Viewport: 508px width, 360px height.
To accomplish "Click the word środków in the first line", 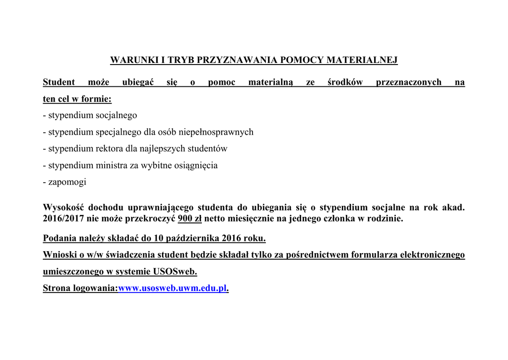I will (x=345, y=82).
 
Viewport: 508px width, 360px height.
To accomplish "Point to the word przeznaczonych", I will (x=408, y=82).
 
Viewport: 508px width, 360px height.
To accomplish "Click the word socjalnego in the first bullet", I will (x=116, y=115).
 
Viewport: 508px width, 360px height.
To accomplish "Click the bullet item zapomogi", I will (x=67, y=182).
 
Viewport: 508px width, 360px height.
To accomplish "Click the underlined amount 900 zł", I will (x=190, y=218).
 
